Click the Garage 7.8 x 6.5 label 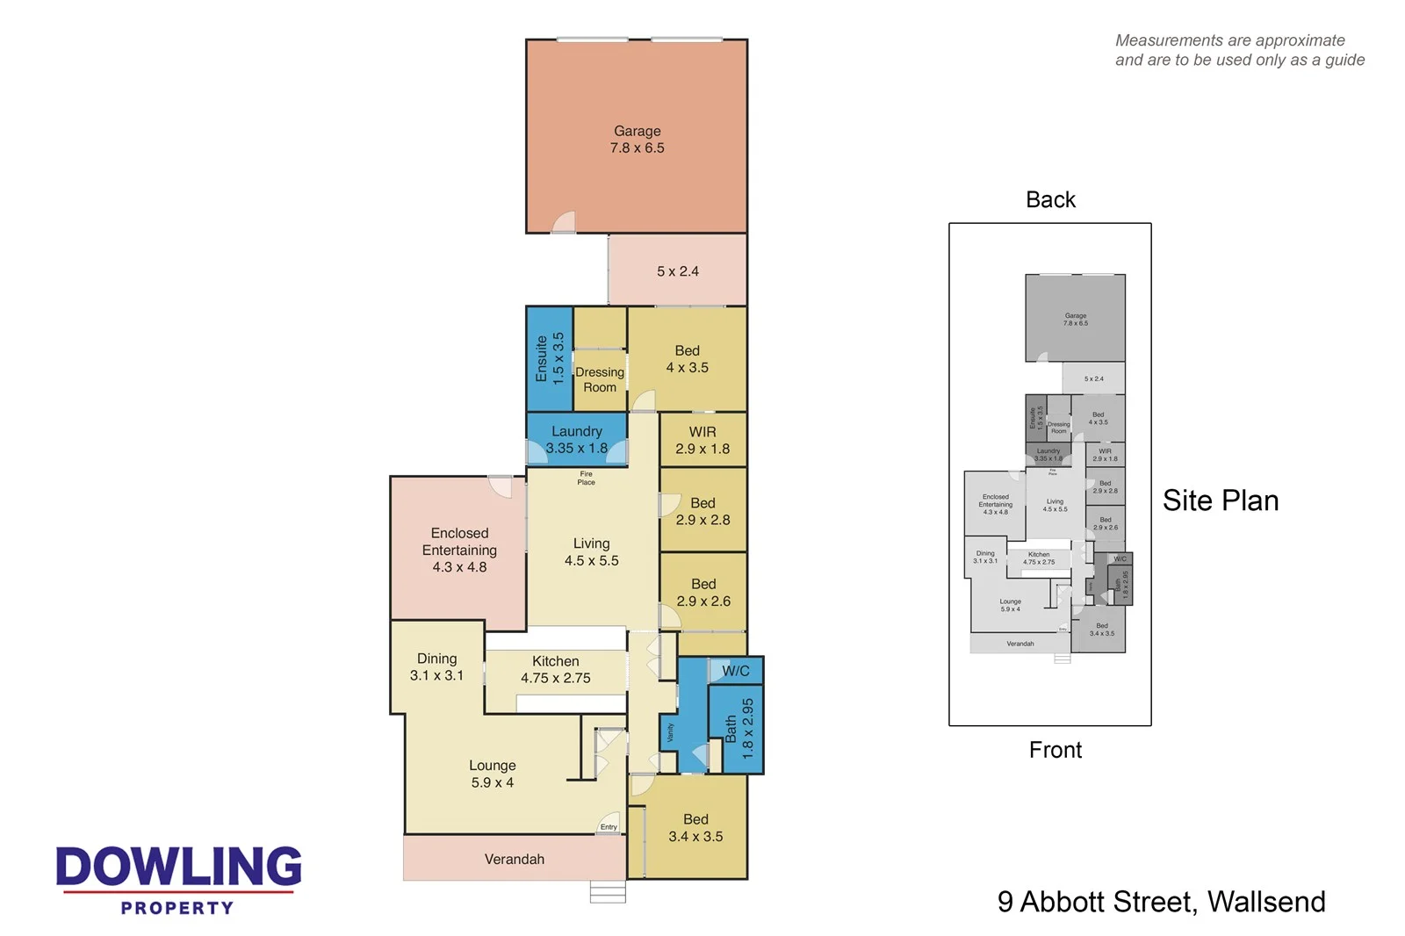click(637, 140)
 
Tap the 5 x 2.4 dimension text click(677, 271)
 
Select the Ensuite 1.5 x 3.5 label click(550, 358)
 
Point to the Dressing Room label click(600, 379)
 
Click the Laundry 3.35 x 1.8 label click(576, 440)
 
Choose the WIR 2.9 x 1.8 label click(702, 440)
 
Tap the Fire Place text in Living click(586, 478)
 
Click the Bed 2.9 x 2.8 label click(702, 511)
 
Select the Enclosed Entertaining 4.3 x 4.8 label click(459, 550)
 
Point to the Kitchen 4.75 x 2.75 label click(555, 669)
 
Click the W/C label click(735, 671)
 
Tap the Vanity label click(670, 732)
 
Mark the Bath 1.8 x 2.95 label click(739, 728)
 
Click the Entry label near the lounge click(609, 826)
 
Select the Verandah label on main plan click(515, 859)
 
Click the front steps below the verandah click(608, 892)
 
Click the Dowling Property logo click(179, 878)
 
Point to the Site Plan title click(1220, 500)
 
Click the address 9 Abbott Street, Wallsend click(1161, 902)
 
